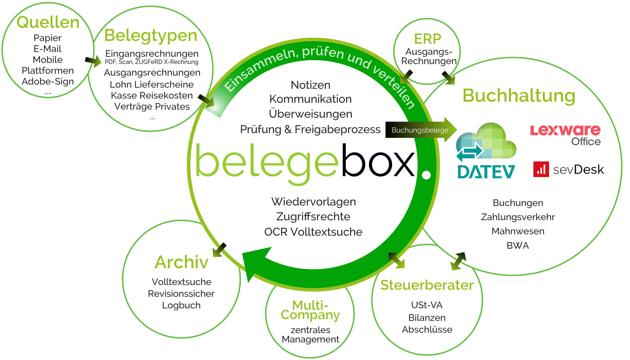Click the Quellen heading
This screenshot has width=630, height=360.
coord(48,22)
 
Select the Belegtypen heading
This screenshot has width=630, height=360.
coord(151,36)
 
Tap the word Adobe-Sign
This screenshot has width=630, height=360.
coord(48,82)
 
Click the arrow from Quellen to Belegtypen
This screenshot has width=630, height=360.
coord(93,62)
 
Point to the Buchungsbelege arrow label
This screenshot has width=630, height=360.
coord(420,130)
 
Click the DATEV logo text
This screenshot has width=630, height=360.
coord(486,172)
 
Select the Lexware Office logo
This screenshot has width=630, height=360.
coord(565,134)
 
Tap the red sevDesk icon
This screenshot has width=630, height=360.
coord(541,169)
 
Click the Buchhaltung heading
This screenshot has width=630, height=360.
coord(519,96)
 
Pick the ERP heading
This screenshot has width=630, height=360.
coord(427,39)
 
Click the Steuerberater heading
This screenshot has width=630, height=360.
coord(427,285)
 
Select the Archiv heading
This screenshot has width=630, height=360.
coord(181,262)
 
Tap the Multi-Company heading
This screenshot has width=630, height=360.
coord(310,310)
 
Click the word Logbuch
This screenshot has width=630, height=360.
coord(181,305)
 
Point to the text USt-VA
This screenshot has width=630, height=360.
coord(427,305)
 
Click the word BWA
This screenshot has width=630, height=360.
coord(518,246)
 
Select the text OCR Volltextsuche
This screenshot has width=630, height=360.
coord(313,232)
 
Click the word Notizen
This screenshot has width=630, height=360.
coord(310,85)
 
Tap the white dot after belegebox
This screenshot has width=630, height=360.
coord(426,175)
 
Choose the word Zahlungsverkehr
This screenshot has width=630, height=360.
coord(518,217)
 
